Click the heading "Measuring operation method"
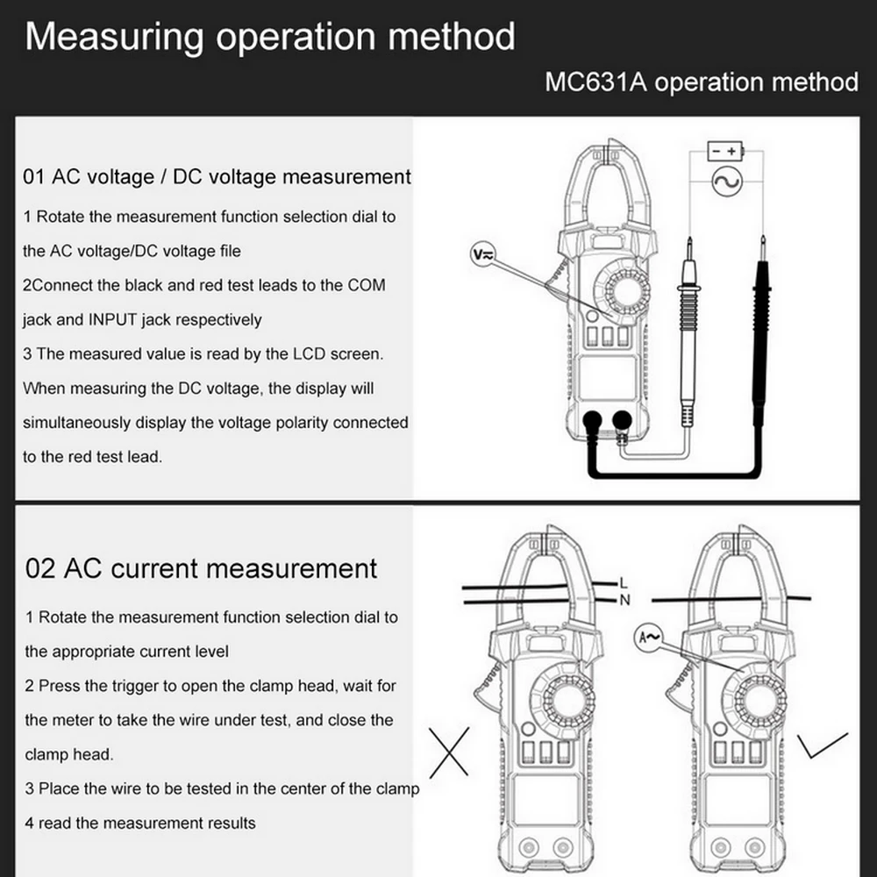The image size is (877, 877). pos(270,38)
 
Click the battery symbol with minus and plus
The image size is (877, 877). pos(725,151)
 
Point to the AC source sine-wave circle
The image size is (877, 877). pos(726,182)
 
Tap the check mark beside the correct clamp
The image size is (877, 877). pos(821,745)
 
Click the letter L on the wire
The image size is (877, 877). pos(624,581)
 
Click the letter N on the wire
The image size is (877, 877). pos(624,600)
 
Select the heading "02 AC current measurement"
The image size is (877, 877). pos(202,568)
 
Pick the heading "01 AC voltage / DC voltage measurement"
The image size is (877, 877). pos(217,176)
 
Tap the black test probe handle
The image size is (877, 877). pos(759,342)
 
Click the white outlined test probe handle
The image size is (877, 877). pos(688,342)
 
